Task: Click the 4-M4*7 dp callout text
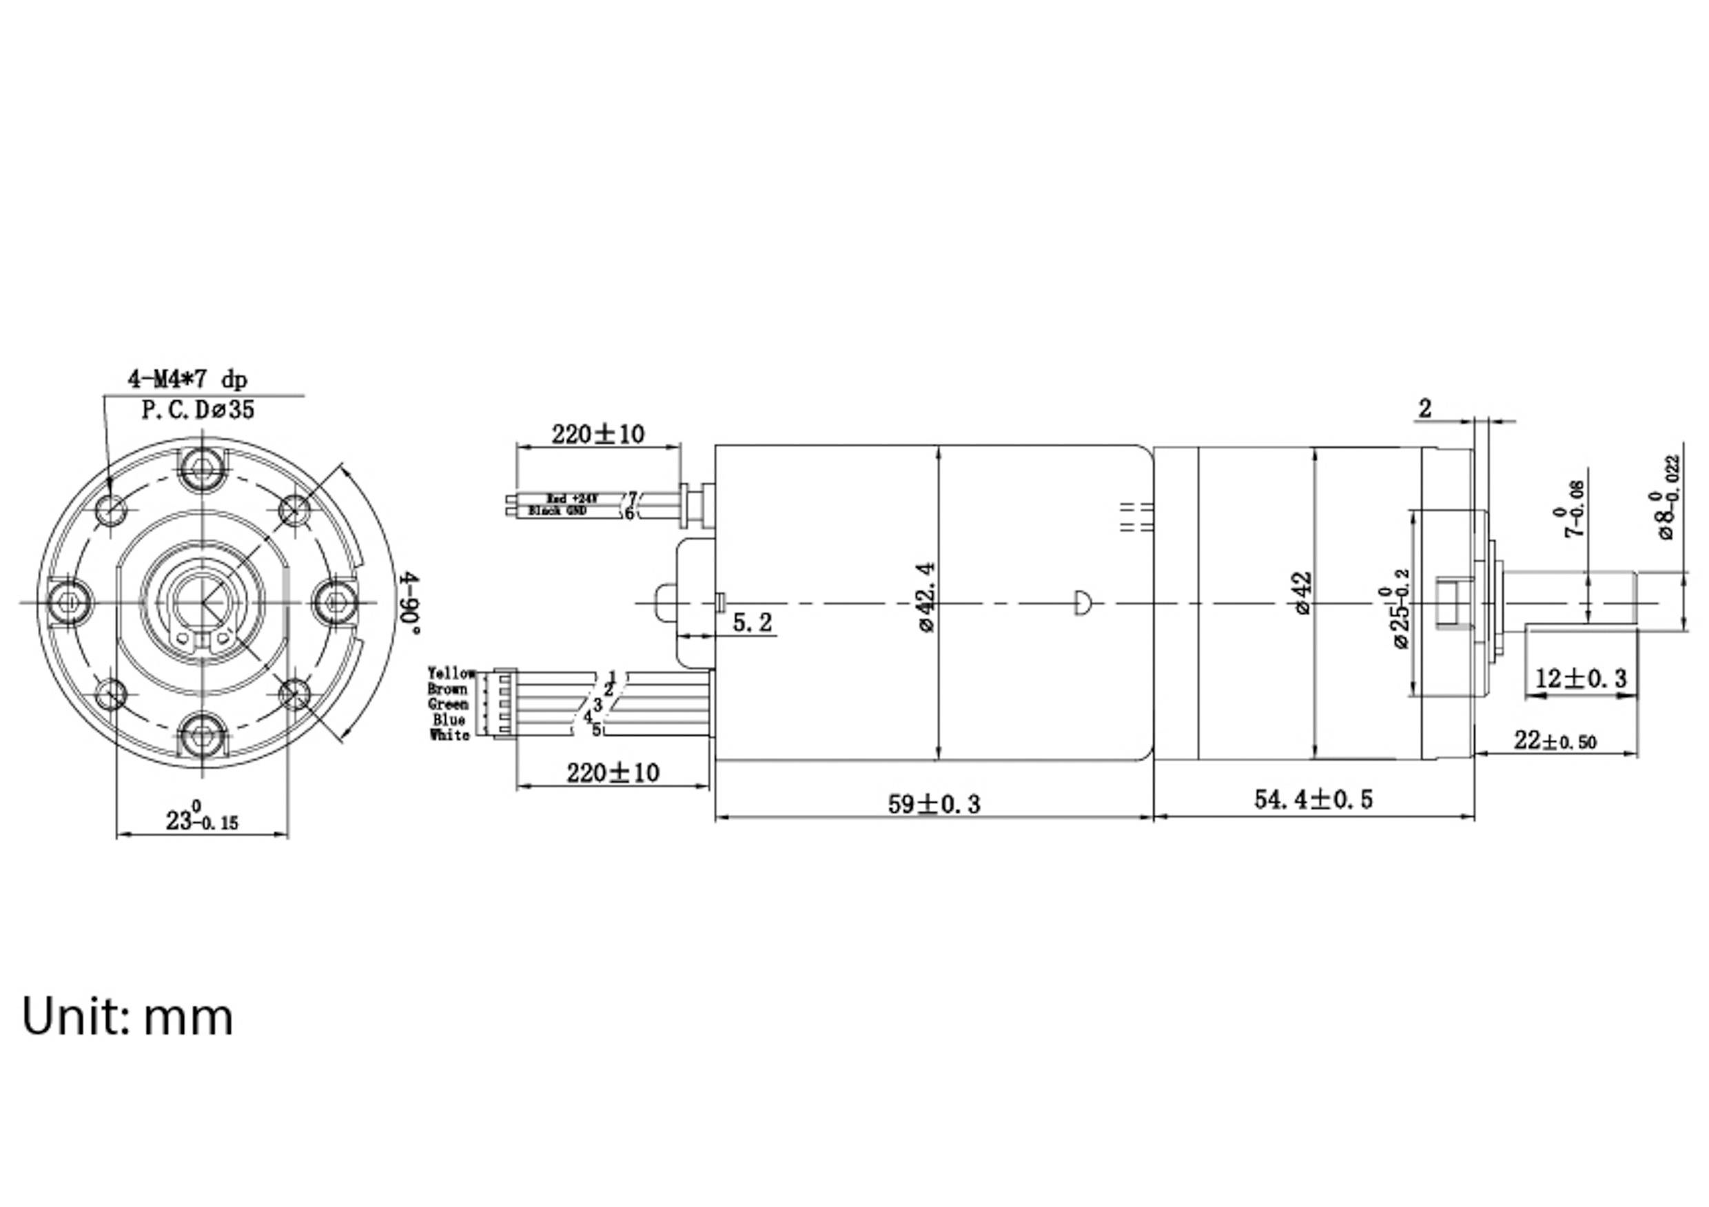click(x=187, y=380)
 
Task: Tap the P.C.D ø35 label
click(x=198, y=410)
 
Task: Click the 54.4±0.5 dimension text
click(x=1313, y=799)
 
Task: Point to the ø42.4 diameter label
click(x=928, y=597)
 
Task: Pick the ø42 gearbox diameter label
click(x=1302, y=593)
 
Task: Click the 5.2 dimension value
click(x=752, y=622)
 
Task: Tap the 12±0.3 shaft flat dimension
click(x=1581, y=679)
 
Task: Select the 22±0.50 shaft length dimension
click(x=1555, y=741)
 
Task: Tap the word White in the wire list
click(x=449, y=735)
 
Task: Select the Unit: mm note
click(x=127, y=1018)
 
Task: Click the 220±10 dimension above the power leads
click(x=597, y=434)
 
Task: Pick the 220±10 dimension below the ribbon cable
click(x=613, y=772)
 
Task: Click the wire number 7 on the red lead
click(x=633, y=497)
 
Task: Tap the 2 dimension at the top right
click(x=1424, y=409)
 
